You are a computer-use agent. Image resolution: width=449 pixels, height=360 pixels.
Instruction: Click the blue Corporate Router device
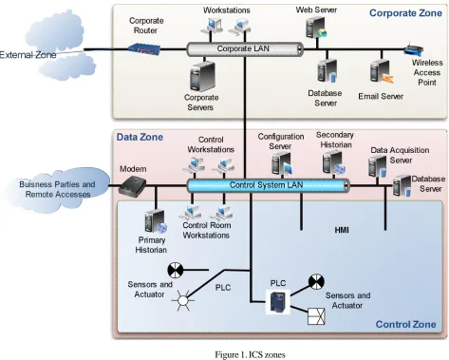coord(144,49)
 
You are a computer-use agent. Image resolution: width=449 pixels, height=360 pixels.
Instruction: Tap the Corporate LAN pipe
coord(245,49)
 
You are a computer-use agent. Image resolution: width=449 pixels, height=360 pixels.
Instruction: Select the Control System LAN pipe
coord(269,185)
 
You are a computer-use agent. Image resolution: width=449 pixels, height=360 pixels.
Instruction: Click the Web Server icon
coord(316,28)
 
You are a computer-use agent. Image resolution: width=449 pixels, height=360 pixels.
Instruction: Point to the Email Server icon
coord(382,72)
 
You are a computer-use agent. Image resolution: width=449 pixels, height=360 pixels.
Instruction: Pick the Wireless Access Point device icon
coord(414,50)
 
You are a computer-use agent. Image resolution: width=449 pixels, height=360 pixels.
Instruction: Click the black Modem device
coord(132,187)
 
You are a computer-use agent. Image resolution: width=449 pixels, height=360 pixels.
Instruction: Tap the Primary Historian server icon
coord(155,221)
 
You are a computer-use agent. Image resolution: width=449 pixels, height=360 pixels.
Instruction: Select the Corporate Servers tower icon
coord(202,77)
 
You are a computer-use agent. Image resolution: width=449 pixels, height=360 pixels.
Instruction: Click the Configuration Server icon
coord(281,163)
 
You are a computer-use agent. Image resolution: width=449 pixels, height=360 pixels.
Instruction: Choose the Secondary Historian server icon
coord(334,162)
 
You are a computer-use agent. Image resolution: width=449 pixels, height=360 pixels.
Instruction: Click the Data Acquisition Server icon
coord(378,166)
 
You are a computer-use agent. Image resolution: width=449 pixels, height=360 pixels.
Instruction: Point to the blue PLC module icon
coord(278,303)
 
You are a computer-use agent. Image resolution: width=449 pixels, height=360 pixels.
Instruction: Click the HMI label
coord(342,230)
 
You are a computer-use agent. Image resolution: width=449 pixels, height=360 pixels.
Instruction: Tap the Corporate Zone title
coord(405,13)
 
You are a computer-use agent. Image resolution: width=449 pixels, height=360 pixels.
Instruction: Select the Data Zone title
coord(140,137)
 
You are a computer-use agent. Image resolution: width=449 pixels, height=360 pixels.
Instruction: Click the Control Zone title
coord(405,324)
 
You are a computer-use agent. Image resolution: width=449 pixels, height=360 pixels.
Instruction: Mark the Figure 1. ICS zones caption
coord(250,354)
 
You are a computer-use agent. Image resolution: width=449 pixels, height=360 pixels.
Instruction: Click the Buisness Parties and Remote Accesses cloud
coord(57,189)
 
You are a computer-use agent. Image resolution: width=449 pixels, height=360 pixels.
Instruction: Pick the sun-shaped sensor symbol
coord(183,299)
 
